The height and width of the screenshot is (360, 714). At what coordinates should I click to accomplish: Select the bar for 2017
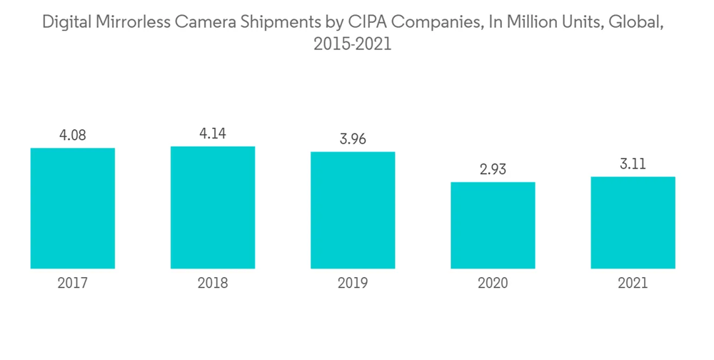(73, 208)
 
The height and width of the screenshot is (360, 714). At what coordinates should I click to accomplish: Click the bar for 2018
(213, 207)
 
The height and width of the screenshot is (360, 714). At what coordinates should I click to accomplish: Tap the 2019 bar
(353, 210)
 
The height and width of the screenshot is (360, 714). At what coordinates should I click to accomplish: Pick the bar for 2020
(493, 225)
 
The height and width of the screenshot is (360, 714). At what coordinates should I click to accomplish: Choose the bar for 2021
(633, 222)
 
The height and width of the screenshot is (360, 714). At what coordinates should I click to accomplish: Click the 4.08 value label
(73, 135)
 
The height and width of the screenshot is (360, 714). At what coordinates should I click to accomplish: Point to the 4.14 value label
(213, 134)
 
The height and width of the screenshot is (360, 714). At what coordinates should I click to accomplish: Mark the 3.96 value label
(353, 139)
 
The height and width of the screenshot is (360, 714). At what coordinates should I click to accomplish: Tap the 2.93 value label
(493, 169)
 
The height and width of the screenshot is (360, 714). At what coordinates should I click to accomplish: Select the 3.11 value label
(633, 164)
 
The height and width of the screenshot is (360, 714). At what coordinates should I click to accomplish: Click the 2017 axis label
(73, 284)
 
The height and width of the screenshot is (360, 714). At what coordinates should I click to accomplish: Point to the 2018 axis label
(213, 284)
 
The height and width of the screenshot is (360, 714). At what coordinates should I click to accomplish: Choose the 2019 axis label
(353, 284)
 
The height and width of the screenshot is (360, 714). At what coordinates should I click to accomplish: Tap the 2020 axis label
(493, 284)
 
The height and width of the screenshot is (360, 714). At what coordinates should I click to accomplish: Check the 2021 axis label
(633, 284)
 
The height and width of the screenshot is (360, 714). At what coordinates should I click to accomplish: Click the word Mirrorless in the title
(131, 22)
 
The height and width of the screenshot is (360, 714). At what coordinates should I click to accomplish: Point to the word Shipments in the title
(286, 22)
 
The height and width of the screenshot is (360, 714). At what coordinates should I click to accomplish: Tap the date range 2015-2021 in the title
(353, 44)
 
